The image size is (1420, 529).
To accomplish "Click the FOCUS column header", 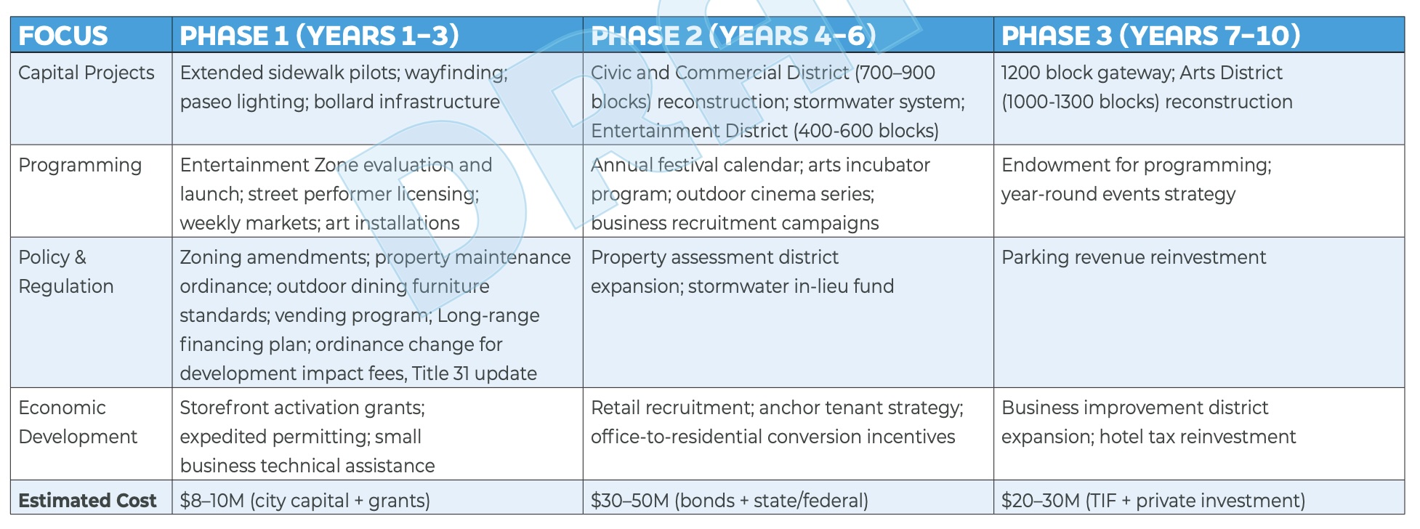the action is pos(63,36).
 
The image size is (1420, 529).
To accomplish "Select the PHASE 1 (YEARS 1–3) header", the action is pos(320,36).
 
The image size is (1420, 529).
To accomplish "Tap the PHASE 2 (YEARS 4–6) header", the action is pos(734,36).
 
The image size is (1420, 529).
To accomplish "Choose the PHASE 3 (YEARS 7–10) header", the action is pos(1151,36).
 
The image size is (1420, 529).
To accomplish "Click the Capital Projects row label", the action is pos(86,73).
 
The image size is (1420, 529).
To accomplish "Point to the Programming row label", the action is pos(80,166).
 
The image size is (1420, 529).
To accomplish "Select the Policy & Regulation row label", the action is pos(66,272).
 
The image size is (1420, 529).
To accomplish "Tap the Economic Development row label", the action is pos(78,422).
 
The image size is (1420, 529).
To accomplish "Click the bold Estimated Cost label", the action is pos(87,501).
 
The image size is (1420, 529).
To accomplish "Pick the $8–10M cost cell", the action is pos(305,501).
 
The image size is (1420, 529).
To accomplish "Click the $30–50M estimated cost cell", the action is pos(730,501).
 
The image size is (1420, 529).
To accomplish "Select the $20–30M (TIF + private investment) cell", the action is pos(1153,501).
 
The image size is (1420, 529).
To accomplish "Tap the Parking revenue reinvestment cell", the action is pos(1134,258).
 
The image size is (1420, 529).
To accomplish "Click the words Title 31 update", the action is pos(475,373).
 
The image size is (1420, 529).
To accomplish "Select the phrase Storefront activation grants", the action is pos(302,408).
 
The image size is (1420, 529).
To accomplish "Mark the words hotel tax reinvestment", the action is pos(1198,437).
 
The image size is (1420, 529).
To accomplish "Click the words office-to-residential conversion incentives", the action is pos(773,437).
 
